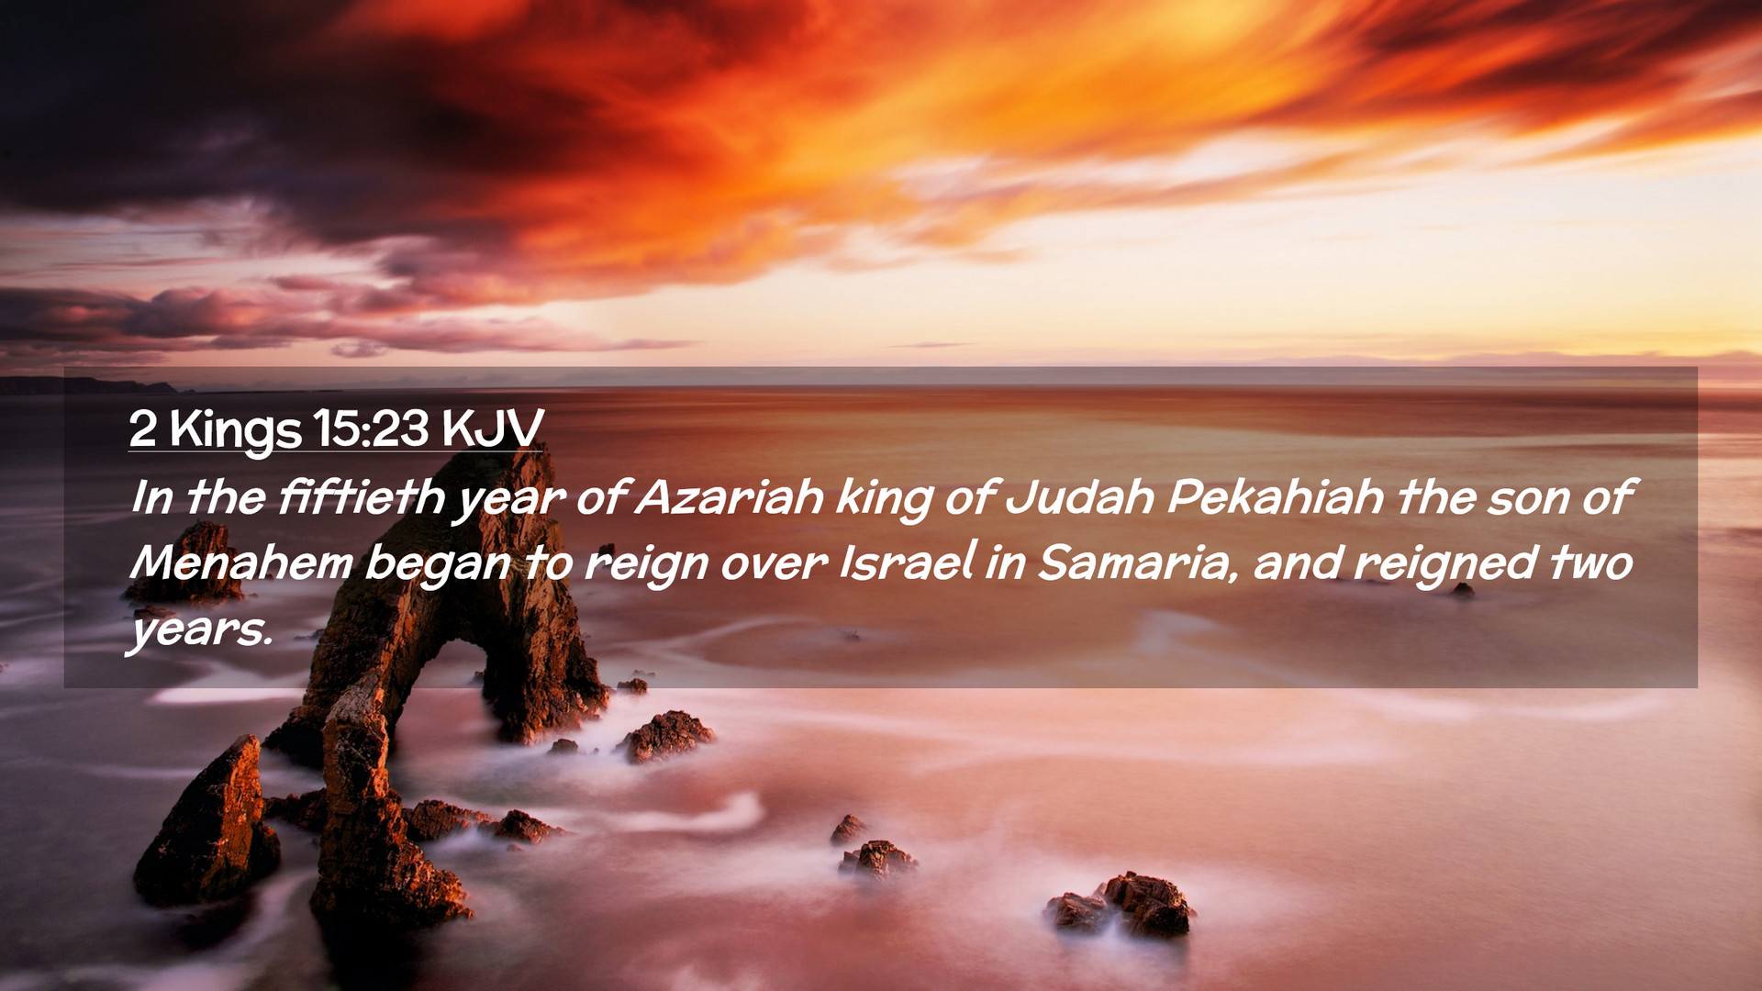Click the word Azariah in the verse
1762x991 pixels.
coord(729,497)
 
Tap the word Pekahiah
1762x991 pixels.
coord(1276,497)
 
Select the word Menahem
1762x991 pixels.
coord(241,562)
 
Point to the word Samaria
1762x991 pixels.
coord(1134,563)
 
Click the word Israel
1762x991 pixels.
coord(907,562)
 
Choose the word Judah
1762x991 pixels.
coord(1079,497)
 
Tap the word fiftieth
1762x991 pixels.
coord(361,497)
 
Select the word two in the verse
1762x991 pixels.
coord(1592,562)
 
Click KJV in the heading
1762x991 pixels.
coord(492,428)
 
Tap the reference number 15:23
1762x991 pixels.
coord(371,428)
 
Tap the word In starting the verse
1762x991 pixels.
coord(152,497)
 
